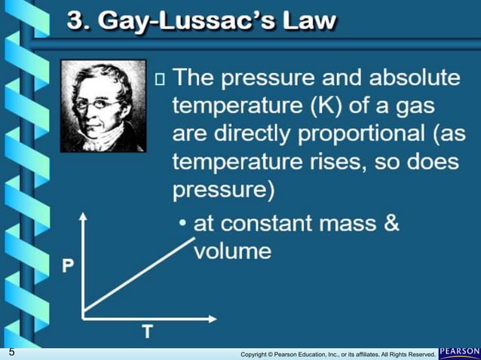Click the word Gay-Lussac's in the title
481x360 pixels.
[x=198, y=20]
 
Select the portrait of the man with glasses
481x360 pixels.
[x=103, y=106]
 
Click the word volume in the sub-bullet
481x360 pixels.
[x=233, y=251]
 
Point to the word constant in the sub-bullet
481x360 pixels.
[x=268, y=224]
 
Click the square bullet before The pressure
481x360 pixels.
[x=159, y=78]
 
